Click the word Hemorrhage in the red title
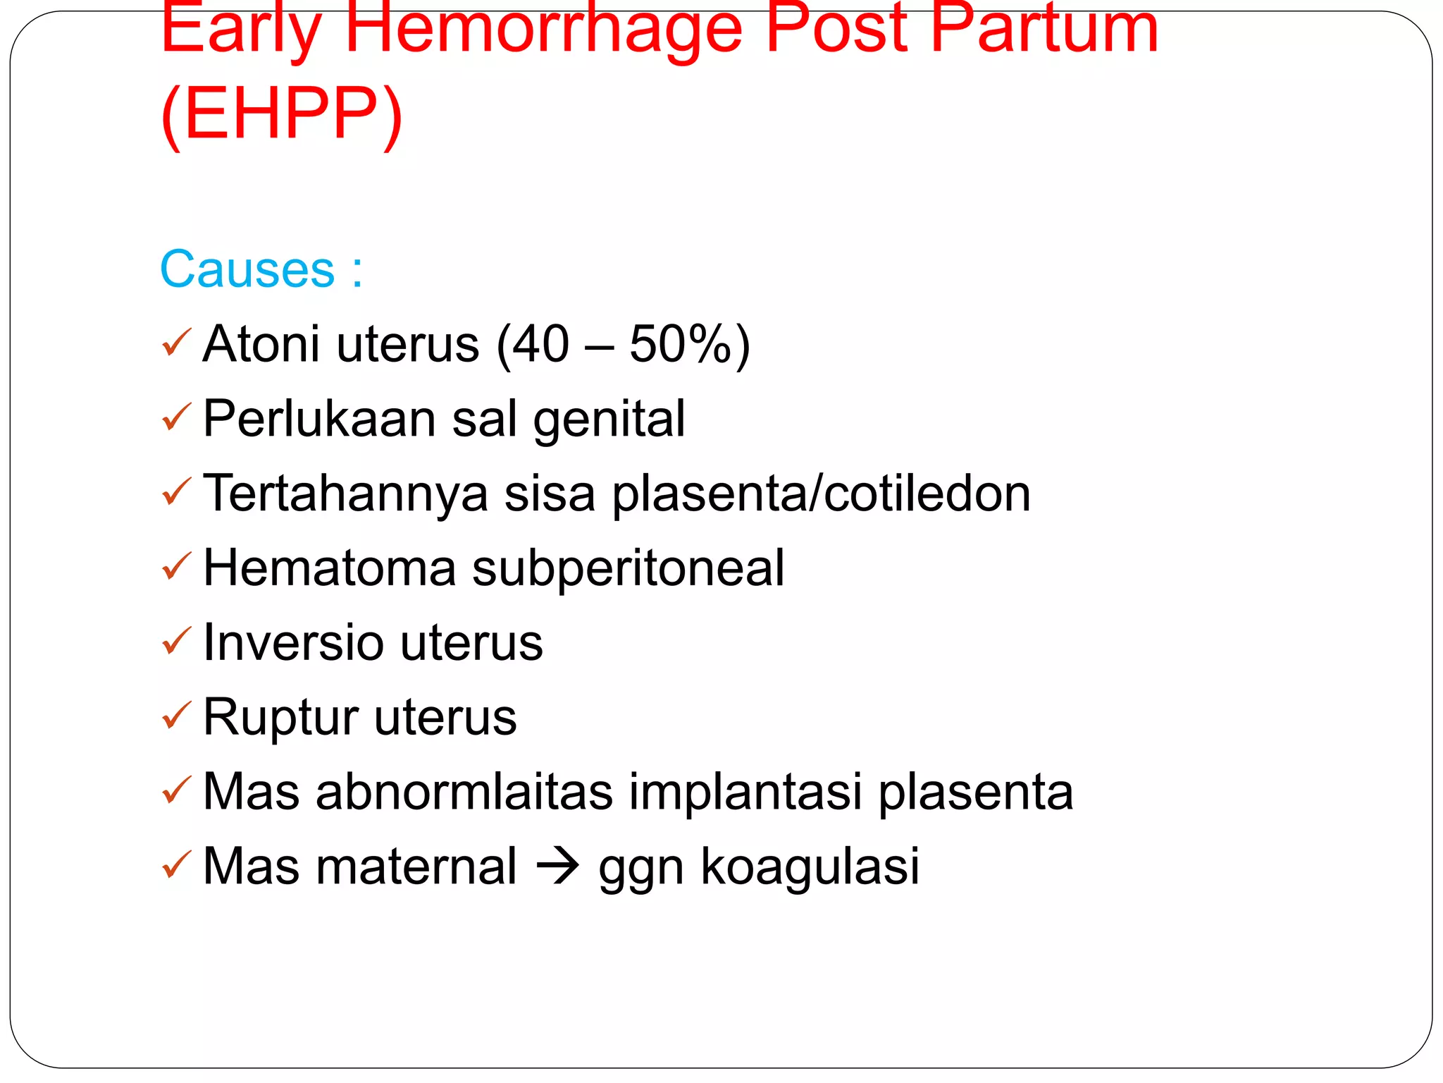point(543,30)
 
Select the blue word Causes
point(247,269)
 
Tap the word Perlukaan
point(319,419)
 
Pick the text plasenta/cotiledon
point(821,494)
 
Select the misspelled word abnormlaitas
point(464,792)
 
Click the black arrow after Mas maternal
point(558,867)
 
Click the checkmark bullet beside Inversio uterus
point(176,642)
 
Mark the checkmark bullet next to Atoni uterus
point(176,343)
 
